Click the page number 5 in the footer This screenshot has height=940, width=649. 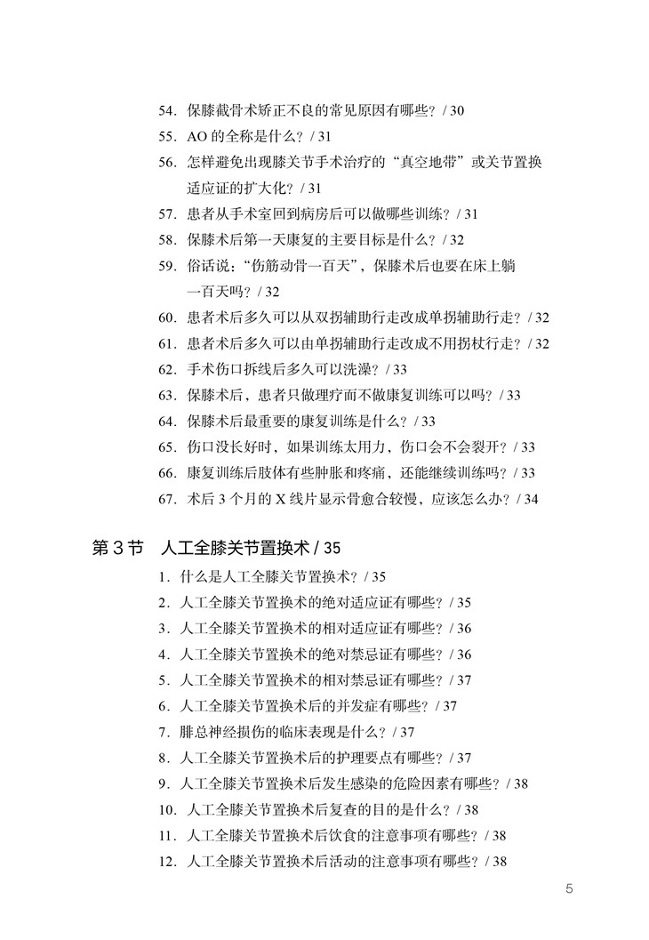pos(570,888)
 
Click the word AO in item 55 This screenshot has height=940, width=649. pos(196,137)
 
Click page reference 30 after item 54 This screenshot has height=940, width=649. pos(457,111)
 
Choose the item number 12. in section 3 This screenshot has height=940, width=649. pos(167,861)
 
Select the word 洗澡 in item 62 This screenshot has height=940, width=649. pos(349,369)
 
